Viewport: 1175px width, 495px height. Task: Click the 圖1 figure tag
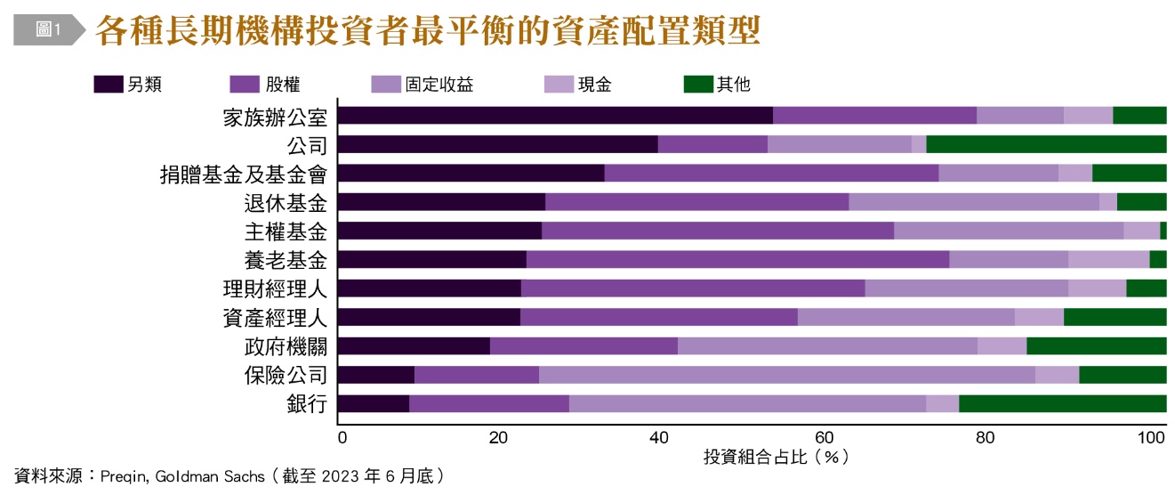47,29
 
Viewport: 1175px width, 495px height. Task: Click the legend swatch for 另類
108,85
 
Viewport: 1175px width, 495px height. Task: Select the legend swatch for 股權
245,85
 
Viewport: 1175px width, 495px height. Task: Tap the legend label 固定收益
439,85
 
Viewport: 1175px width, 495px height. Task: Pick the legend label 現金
595,85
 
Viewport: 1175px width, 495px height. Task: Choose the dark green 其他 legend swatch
698,85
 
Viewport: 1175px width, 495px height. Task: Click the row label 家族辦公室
275,116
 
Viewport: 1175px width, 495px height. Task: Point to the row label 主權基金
286,231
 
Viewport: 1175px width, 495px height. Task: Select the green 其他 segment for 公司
1046,144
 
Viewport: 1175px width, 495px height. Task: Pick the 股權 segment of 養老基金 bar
737,259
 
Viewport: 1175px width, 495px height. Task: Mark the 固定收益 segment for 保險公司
786,375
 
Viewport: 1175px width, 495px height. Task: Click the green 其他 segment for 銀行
1062,404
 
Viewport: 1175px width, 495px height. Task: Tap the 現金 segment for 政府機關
1002,346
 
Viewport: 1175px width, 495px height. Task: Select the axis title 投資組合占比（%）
776,458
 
